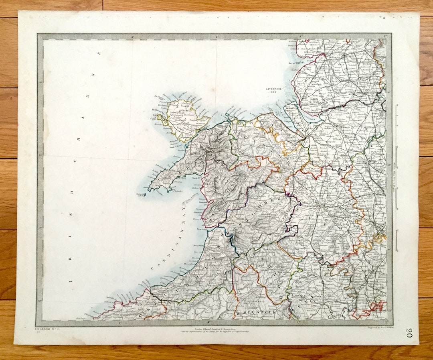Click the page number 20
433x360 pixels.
pos(408,333)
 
